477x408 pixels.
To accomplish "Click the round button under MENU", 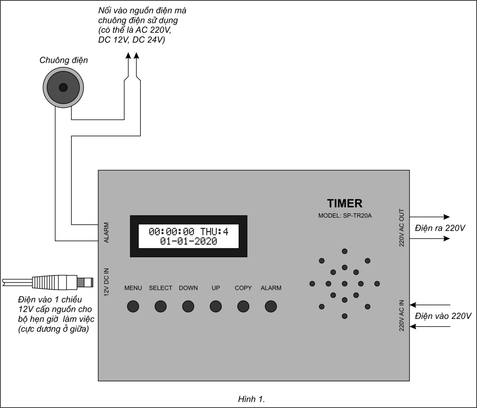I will (133, 306).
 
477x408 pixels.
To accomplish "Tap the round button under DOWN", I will (188, 306).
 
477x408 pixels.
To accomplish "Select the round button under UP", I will (216, 306).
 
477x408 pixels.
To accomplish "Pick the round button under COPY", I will (243, 306).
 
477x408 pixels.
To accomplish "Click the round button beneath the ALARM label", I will (271, 306).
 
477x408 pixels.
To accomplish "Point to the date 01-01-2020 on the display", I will (189, 241).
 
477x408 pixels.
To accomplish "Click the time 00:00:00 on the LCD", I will (171, 231).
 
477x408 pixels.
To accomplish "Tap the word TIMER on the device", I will (345, 203).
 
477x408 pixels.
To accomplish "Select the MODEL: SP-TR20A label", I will (345, 216).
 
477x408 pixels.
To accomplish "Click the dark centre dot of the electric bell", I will (63, 88).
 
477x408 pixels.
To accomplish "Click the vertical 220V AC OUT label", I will (402, 228).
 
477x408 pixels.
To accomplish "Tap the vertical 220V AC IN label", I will (402, 316).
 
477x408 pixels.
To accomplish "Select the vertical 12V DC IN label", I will (107, 282).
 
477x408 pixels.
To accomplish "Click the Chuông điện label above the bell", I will (64, 60).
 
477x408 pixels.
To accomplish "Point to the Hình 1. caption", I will (251, 399).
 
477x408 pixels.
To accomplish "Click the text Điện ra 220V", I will (440, 228).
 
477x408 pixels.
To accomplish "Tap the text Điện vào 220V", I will (443, 316).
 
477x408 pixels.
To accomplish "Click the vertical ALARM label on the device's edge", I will (107, 232).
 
